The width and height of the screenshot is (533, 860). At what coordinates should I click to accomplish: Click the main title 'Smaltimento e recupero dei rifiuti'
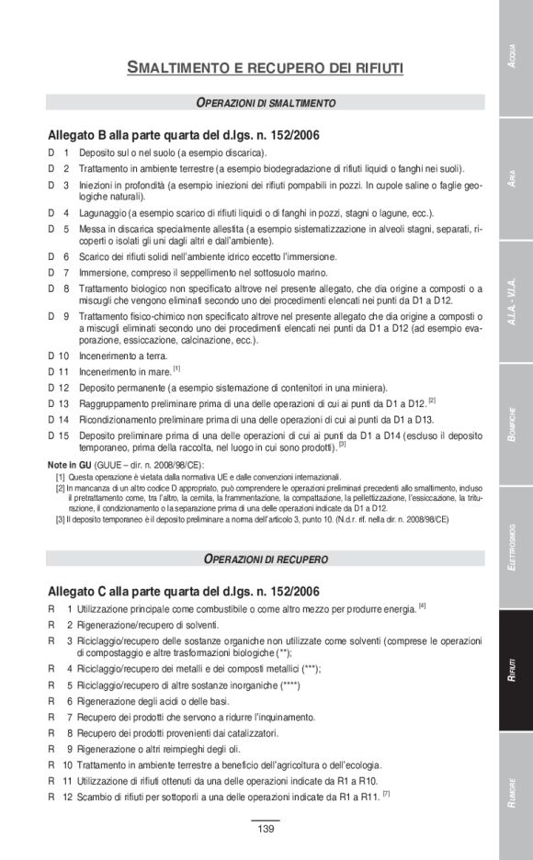coord(265,67)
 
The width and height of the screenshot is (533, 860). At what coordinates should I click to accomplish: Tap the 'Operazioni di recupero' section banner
coord(266,559)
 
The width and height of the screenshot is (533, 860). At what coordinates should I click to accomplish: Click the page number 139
coord(266,830)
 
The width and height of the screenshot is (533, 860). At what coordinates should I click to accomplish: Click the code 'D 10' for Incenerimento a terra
coord(59,355)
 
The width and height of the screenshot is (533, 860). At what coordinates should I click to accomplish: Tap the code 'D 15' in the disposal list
coord(59,436)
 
